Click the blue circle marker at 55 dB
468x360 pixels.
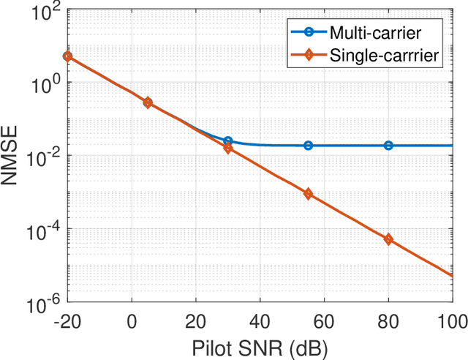[308, 146]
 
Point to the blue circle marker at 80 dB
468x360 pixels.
[388, 146]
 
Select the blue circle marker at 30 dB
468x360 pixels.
[227, 141]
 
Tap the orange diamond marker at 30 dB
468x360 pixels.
[227, 148]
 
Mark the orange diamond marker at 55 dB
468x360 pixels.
[308, 194]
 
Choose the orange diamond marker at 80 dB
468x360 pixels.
[388, 239]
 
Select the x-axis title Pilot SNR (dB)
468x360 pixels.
[260, 345]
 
